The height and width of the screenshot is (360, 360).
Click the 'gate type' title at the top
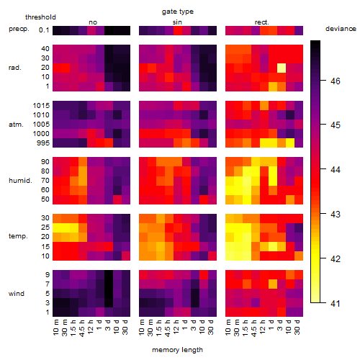tap(178, 12)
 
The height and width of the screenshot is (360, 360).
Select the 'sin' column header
tap(177, 22)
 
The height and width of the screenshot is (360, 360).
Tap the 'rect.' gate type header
tap(262, 22)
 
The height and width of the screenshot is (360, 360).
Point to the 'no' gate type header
tap(93, 22)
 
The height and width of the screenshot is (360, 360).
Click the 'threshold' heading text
tap(40, 17)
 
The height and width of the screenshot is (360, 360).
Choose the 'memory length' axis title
tap(177, 350)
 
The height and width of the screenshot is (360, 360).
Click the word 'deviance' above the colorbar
tap(341, 29)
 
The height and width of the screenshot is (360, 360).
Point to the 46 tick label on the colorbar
tap(336, 81)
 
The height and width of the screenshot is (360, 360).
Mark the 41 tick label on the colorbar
tap(336, 304)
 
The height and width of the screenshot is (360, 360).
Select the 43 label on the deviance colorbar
tap(336, 214)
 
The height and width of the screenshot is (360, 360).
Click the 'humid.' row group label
tap(20, 181)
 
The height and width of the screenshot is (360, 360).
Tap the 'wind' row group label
tap(17, 294)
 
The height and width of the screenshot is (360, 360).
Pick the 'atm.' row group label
tap(16, 125)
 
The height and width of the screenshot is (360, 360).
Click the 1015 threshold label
tap(41, 106)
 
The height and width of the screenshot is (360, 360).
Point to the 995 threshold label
tap(43, 143)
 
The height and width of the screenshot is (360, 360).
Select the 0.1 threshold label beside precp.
tap(44, 30)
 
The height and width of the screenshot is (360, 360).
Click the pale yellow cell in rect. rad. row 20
tap(282, 68)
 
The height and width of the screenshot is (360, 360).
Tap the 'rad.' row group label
tap(15, 68)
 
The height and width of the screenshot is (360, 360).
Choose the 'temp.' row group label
tap(18, 236)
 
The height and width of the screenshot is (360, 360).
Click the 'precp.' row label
tap(19, 29)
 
